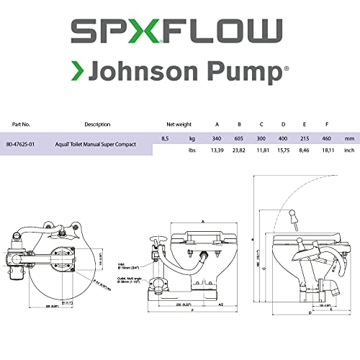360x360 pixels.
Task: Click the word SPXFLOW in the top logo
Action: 179,32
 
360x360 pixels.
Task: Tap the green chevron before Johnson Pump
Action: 81,73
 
